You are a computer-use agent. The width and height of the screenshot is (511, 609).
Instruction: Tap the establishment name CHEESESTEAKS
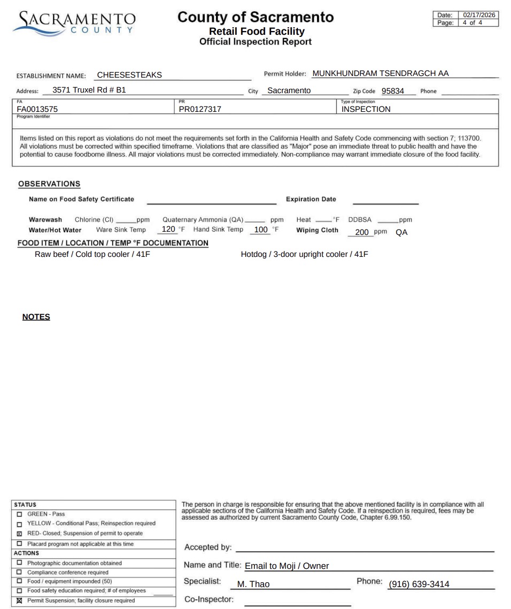[129, 75]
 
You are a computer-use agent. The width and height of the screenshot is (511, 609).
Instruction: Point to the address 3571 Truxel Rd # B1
[89, 90]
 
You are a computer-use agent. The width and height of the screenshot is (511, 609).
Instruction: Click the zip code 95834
[393, 91]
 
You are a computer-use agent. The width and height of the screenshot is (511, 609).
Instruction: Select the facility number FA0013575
[37, 109]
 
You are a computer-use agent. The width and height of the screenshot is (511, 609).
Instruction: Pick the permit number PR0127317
[200, 109]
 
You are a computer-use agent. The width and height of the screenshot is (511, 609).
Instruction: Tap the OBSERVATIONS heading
[49, 184]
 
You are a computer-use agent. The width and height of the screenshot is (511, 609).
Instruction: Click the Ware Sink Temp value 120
[169, 230]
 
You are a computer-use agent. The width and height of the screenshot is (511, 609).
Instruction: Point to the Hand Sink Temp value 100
[261, 230]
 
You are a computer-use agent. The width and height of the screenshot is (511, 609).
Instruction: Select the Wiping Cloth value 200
[363, 232]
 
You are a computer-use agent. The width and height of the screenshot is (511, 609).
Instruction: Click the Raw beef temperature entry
[96, 254]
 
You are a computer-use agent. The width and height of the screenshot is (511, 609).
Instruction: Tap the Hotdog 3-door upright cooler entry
[305, 254]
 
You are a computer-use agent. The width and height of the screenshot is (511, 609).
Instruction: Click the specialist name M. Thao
[253, 584]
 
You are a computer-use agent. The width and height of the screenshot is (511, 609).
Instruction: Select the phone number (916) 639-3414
[419, 584]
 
